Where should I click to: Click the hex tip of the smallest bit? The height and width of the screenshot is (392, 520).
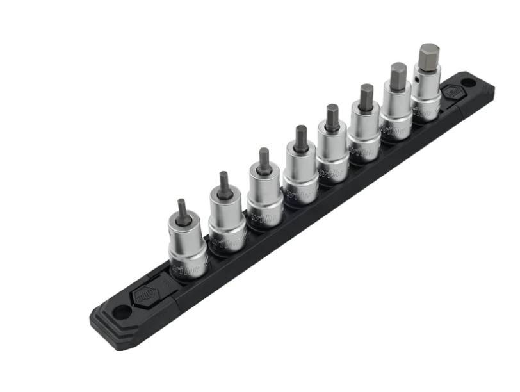click(x=182, y=211)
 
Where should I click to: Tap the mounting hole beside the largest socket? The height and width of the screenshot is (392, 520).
click(x=467, y=83)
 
